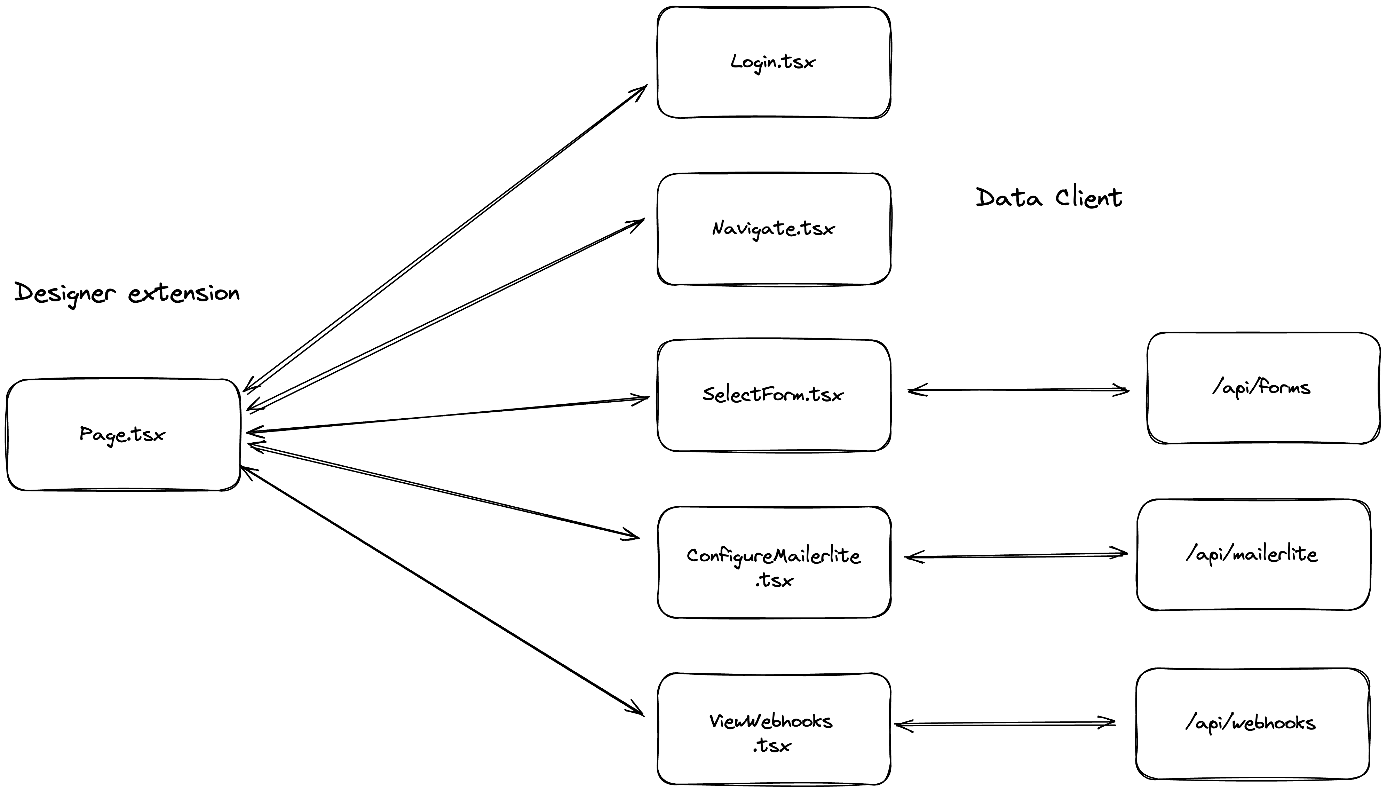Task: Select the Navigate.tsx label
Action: point(773,229)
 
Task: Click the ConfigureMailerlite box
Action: point(773,563)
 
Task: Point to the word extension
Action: point(184,293)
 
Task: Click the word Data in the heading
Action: point(1009,198)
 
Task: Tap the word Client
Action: point(1089,198)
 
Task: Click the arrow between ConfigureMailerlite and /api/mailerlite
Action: point(1015,555)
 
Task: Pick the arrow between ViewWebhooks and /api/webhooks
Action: point(1005,723)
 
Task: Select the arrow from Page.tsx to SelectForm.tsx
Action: point(445,416)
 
